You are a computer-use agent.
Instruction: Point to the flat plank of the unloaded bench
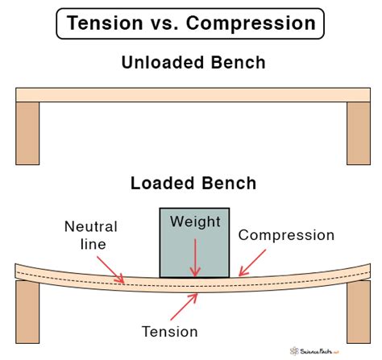click(x=191, y=94)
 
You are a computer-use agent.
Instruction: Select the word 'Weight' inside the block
click(x=194, y=221)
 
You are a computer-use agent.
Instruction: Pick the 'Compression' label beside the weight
click(x=286, y=235)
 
